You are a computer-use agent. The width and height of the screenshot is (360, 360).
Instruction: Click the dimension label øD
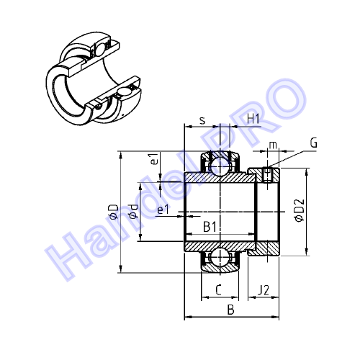[x=114, y=212]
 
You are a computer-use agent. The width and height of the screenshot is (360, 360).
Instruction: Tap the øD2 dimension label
[x=300, y=211]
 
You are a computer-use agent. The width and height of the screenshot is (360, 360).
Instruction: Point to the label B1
[x=210, y=227]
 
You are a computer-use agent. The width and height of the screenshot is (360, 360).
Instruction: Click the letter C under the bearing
[x=218, y=290]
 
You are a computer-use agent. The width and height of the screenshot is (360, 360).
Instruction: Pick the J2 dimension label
[x=264, y=290]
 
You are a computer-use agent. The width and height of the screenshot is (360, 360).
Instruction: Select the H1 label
[x=253, y=119]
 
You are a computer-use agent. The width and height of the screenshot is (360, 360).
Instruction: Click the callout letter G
[x=313, y=143]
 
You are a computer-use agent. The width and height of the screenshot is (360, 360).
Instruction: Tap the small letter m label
[x=273, y=145]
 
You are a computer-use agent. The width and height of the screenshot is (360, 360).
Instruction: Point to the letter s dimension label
[x=203, y=121]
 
